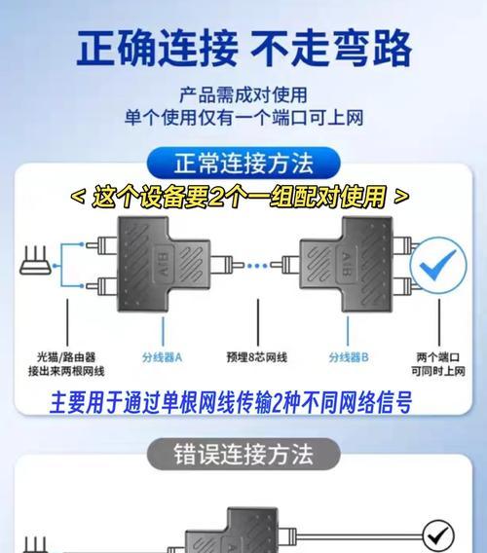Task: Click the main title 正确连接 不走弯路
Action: click(243, 49)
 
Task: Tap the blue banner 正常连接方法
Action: click(243, 164)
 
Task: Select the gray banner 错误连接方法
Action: click(243, 455)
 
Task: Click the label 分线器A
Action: click(162, 357)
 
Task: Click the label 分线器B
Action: click(349, 357)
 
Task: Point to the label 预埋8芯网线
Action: click(257, 357)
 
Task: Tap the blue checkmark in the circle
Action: click(438, 265)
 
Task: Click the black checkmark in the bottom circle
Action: click(438, 536)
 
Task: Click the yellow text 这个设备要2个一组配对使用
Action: click(240, 197)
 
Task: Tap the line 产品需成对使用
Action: click(243, 95)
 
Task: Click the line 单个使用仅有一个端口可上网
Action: click(243, 118)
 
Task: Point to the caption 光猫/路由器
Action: click(66, 357)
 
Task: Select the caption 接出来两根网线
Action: click(66, 371)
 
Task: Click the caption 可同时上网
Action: click(438, 371)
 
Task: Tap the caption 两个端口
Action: click(438, 357)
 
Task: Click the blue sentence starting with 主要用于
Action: click(231, 403)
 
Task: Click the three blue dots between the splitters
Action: click(257, 265)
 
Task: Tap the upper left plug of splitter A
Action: click(102, 244)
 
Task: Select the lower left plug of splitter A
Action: click(102, 286)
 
